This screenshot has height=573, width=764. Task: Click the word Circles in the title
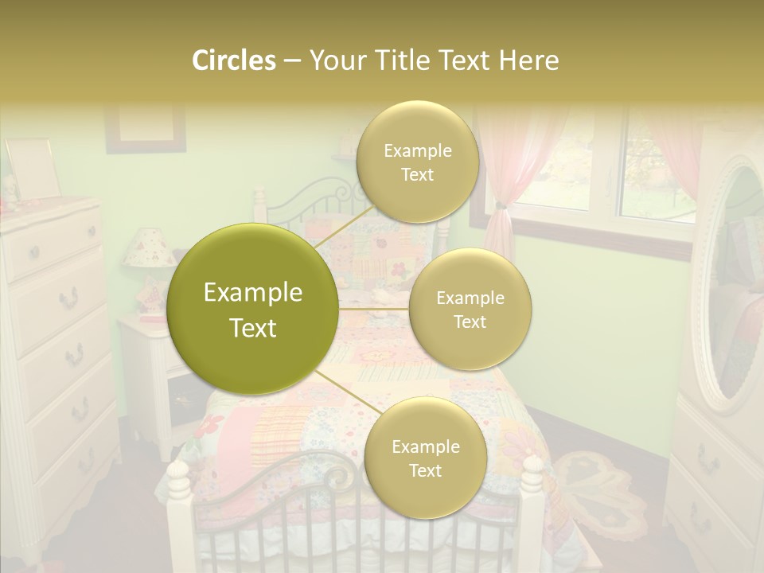click(x=233, y=60)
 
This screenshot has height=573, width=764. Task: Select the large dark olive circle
click(x=253, y=310)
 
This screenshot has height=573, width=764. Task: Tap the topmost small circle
click(x=417, y=162)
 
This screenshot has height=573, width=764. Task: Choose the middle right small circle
click(x=470, y=310)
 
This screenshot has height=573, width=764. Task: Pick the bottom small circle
click(x=425, y=458)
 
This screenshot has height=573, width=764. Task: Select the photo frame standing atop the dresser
click(x=32, y=169)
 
